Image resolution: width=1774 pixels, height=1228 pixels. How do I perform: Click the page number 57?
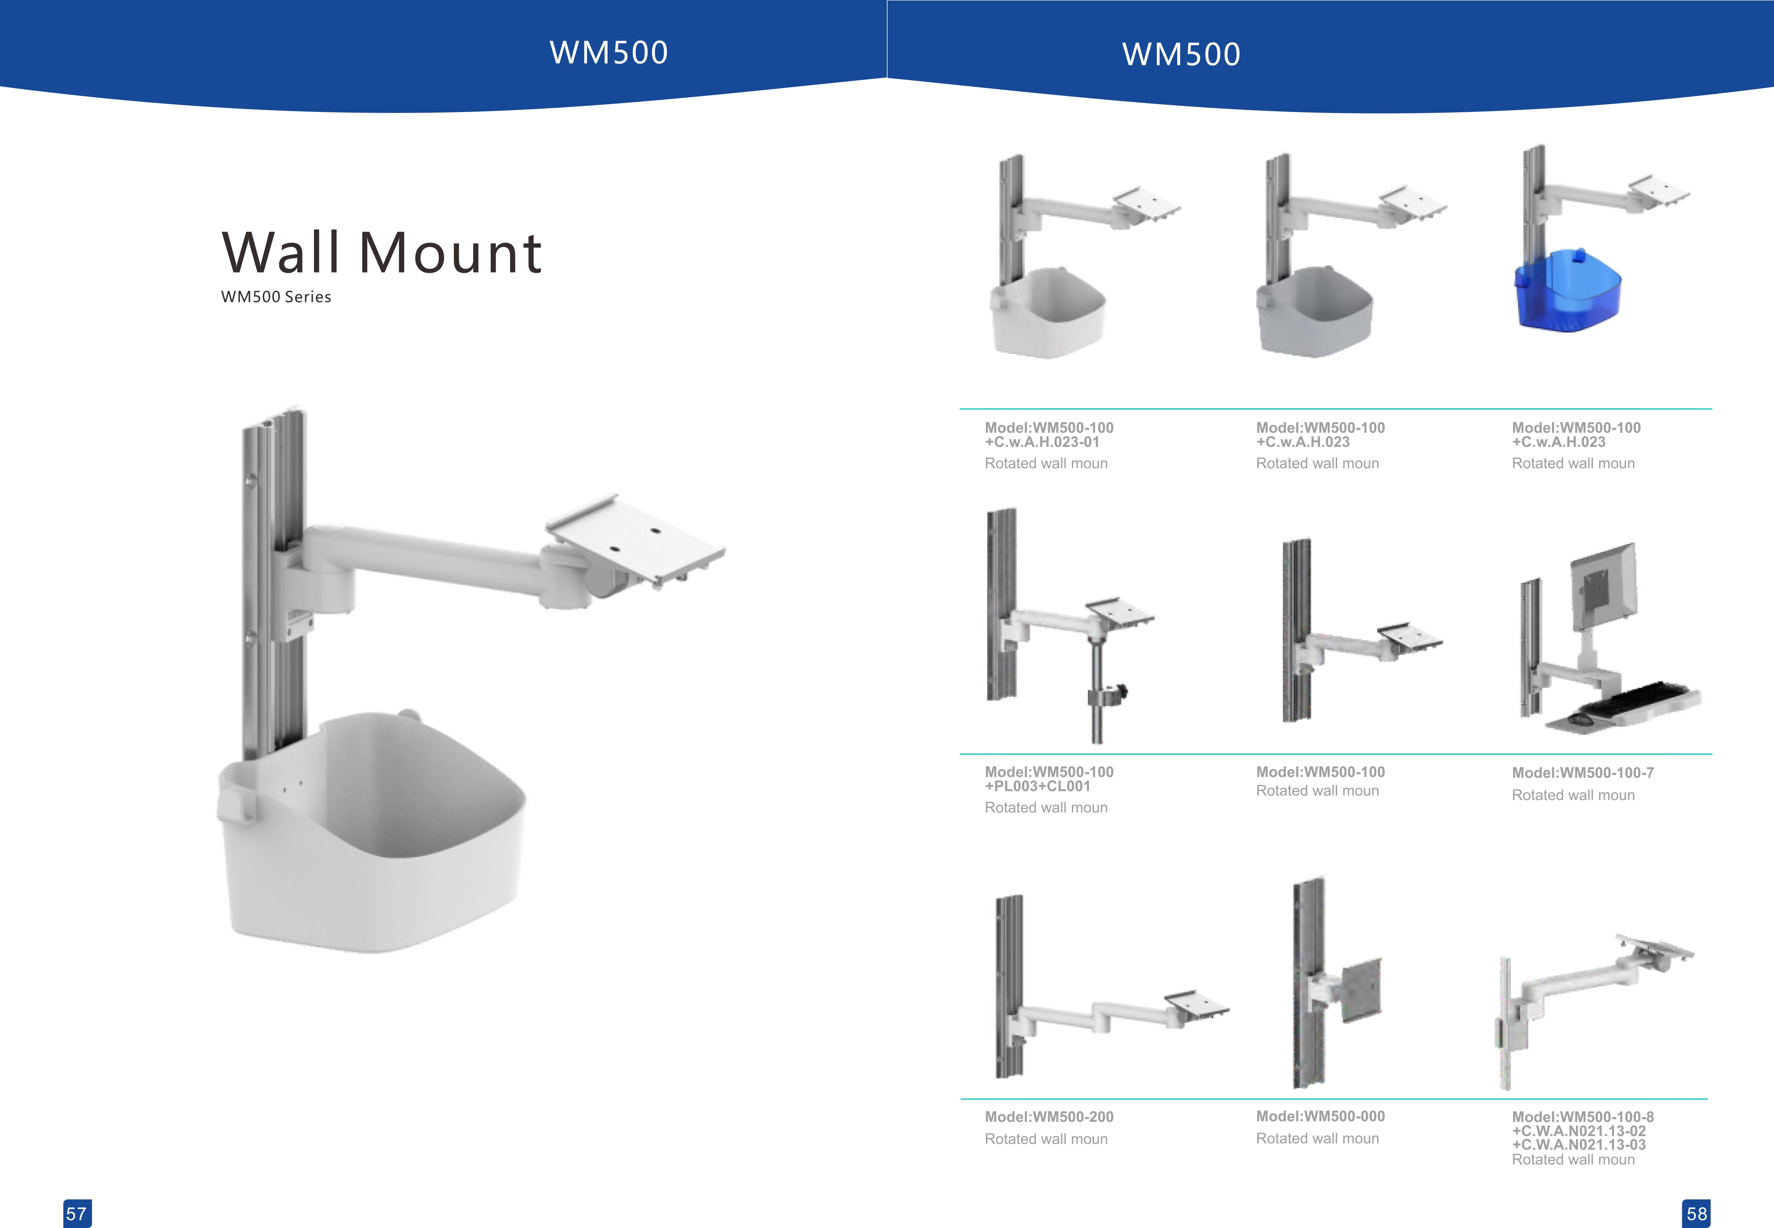(76, 1213)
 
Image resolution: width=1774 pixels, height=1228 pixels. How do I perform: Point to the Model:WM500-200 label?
(1049, 1116)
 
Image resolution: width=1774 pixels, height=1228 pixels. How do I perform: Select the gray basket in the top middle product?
(1314, 312)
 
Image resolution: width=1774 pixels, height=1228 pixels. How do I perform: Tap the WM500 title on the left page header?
(609, 52)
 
